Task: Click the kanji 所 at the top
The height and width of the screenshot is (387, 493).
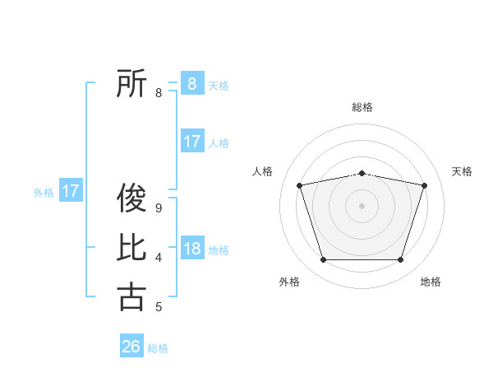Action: click(131, 83)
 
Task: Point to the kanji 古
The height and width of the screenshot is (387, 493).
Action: click(131, 296)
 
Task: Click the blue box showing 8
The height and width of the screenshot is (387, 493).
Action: click(191, 83)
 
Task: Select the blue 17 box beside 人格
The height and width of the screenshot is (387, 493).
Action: click(191, 142)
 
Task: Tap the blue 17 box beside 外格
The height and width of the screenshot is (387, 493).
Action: click(71, 192)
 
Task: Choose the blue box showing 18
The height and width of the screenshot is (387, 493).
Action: click(191, 249)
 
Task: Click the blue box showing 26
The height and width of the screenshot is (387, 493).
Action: click(131, 347)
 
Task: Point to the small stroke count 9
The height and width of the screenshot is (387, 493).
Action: click(159, 208)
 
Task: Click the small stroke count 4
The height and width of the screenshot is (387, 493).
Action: click(159, 258)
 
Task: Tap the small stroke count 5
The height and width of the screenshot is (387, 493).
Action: click(159, 307)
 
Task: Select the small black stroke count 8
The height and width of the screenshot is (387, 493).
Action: click(159, 93)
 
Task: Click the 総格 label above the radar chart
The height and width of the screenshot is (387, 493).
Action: click(362, 107)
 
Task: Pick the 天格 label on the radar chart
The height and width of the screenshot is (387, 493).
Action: click(462, 171)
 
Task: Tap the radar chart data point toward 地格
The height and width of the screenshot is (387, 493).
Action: click(400, 260)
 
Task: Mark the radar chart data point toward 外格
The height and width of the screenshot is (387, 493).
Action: click(323, 260)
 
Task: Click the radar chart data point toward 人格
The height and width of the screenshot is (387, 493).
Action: click(299, 185)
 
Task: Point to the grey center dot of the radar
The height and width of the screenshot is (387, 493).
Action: click(362, 205)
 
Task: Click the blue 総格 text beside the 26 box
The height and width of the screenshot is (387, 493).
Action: click(158, 348)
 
